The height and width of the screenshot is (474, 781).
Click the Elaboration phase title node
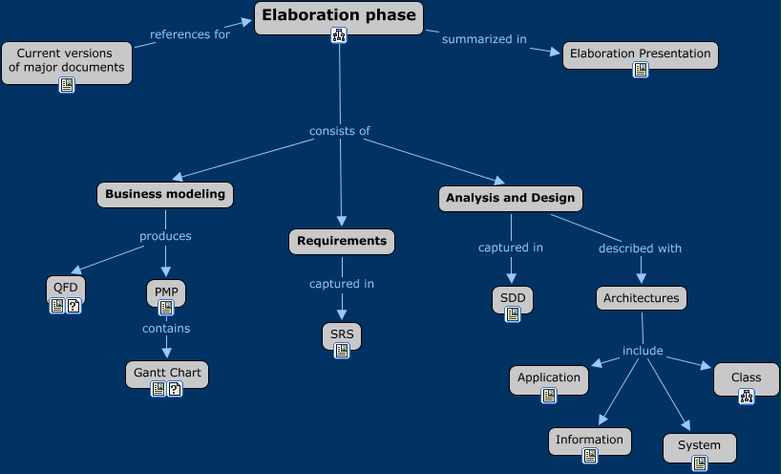[339, 15]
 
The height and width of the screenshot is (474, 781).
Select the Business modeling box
[165, 194]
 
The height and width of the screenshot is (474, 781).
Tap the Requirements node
[341, 241]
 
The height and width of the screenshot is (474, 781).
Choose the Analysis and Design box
[511, 198]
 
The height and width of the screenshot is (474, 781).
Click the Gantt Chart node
[167, 372]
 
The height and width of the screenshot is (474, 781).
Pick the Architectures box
[641, 298]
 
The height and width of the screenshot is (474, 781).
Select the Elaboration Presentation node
[640, 54]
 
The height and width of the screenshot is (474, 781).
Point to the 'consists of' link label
[339, 131]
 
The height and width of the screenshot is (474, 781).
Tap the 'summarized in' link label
[484, 39]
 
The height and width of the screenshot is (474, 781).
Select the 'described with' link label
[640, 248]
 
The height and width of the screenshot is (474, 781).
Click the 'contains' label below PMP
[166, 328]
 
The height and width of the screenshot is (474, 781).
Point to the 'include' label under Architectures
[643, 351]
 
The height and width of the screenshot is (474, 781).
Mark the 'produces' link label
[165, 236]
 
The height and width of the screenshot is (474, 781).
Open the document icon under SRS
[342, 351]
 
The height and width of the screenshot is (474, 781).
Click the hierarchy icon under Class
[747, 396]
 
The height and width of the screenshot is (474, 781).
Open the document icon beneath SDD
[513, 314]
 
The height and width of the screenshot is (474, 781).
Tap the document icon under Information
[590, 456]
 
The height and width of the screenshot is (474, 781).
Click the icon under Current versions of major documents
[67, 85]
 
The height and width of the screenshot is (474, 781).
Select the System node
[699, 445]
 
